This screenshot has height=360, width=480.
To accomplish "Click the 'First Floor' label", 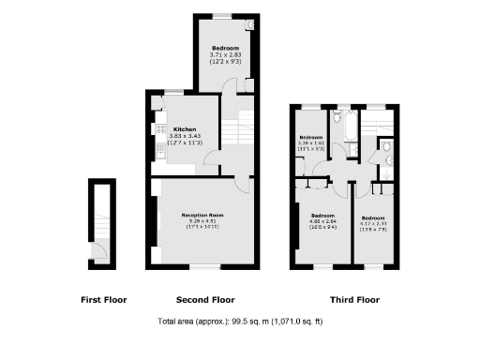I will [103, 301].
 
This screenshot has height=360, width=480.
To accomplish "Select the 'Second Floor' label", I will [205, 301].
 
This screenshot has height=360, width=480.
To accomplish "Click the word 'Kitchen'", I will [183, 129].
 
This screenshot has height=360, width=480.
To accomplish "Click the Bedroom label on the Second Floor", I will [225, 48].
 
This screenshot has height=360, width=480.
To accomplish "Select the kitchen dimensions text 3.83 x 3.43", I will [185, 137].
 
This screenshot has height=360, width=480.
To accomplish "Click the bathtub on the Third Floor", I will [344, 127].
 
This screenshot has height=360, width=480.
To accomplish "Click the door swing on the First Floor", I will [97, 249].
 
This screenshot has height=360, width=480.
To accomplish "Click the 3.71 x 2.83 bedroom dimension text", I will [225, 55].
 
